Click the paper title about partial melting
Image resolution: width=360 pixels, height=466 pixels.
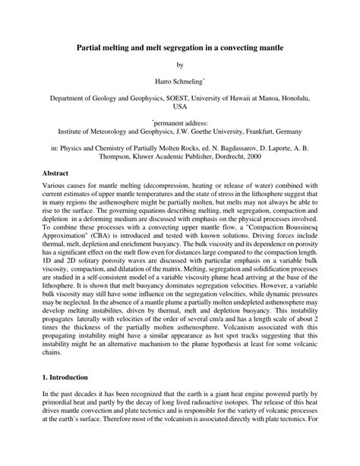180,47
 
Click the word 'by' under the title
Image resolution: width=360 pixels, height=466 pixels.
180,65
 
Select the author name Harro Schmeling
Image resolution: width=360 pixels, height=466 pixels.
178,81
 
